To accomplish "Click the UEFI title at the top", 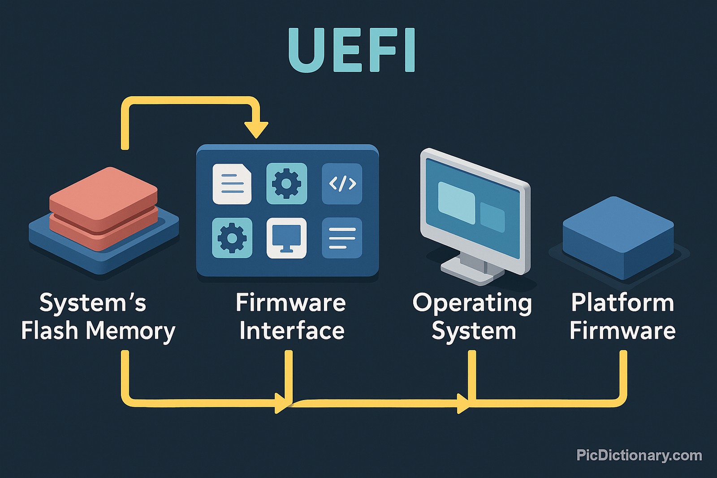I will (352, 50).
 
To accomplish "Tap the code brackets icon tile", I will (342, 184).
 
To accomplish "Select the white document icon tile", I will (232, 184).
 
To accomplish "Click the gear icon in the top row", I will (287, 184).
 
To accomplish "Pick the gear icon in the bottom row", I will (232, 238).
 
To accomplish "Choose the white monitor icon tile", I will (287, 238).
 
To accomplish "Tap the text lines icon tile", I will (342, 238).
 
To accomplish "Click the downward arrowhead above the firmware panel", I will (256, 130).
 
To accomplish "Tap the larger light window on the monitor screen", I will (456, 202).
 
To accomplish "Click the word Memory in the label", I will (130, 331).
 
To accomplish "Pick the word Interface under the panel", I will (292, 331).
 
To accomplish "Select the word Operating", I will (472, 304).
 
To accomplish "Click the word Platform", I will (622, 303).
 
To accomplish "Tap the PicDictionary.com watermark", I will (639, 455).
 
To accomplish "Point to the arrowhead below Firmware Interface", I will (281, 403).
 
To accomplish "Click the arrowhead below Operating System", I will (463, 403).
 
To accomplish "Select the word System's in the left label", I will (93, 303).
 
